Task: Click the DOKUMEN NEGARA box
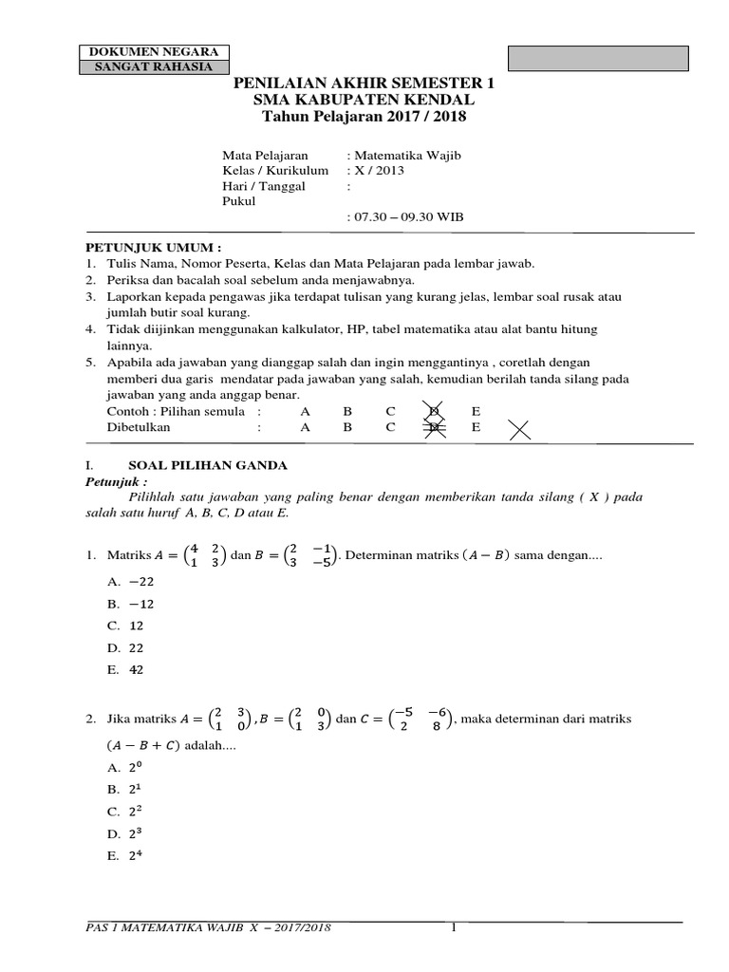tap(154, 51)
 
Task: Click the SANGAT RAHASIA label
tap(154, 66)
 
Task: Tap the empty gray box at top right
tap(599, 58)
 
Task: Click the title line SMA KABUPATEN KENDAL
tap(364, 100)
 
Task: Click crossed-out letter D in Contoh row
tap(434, 411)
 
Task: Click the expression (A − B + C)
tap(140, 746)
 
